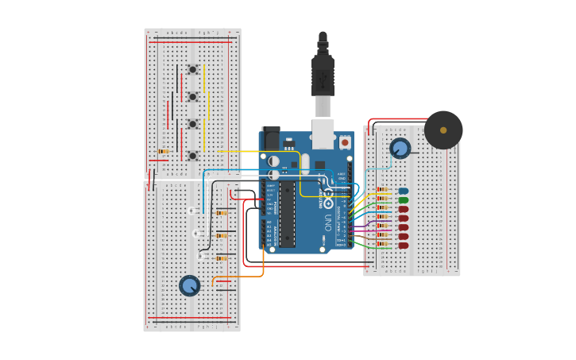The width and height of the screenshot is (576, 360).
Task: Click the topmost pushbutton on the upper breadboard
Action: [x=192, y=69]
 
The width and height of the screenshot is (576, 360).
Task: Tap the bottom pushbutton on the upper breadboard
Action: [x=192, y=156]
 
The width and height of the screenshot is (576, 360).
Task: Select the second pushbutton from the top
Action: [x=192, y=97]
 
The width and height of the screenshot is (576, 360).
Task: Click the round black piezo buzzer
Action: [x=443, y=130]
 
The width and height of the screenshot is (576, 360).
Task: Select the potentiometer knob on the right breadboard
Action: [x=400, y=148]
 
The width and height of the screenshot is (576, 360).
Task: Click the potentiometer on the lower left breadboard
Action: [x=189, y=285]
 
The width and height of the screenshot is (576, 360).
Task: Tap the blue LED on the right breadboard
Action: [x=404, y=191]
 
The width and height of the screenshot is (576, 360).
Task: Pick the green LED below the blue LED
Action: [x=404, y=200]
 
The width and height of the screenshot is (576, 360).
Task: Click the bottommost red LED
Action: [x=404, y=246]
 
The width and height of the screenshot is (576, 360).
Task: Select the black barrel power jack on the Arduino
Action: [x=270, y=137]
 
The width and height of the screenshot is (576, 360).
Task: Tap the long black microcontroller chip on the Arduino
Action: [x=287, y=214]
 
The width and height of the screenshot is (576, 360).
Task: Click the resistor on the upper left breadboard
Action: [x=164, y=151]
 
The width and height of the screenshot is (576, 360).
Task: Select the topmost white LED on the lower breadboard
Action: [x=191, y=211]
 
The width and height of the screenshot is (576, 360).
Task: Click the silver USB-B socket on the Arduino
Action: [x=323, y=134]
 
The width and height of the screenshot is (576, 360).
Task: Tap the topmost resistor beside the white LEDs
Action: [x=222, y=213]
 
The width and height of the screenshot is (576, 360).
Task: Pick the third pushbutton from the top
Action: [x=192, y=124]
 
